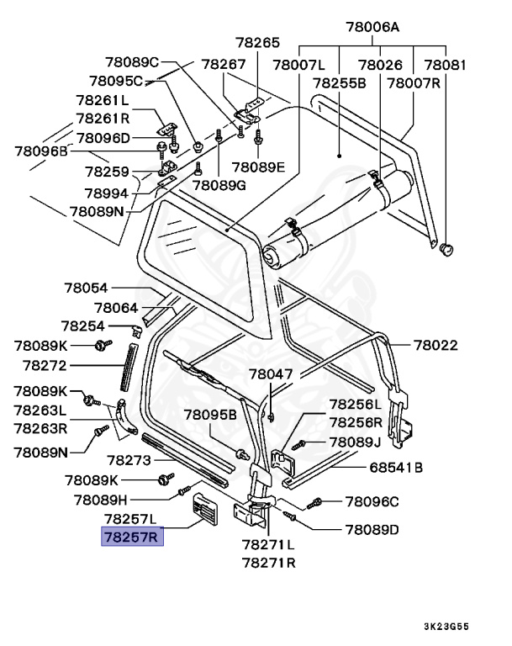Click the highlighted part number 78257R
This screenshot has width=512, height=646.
(132, 536)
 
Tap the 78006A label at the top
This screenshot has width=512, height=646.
(372, 27)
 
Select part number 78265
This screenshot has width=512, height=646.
(257, 43)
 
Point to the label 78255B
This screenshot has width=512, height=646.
(339, 84)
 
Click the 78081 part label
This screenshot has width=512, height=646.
(446, 65)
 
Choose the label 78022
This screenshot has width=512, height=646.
(436, 345)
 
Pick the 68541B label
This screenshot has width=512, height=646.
(395, 468)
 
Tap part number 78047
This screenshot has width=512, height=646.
(271, 373)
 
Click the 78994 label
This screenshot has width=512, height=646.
(106, 193)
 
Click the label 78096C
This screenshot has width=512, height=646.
(371, 502)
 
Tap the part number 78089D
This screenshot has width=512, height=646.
(371, 530)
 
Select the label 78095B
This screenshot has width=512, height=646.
(210, 415)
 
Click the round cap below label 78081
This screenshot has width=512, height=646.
(446, 247)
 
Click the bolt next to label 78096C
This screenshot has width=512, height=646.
(314, 503)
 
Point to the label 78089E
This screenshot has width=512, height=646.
(259, 167)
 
